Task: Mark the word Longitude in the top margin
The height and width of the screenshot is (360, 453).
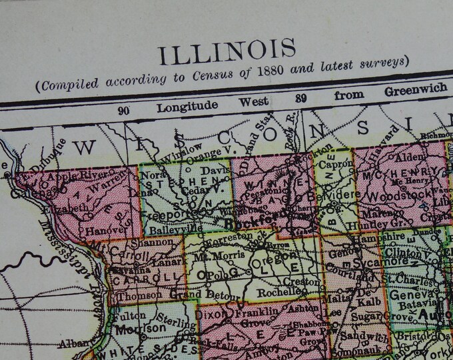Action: pos(187,107)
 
